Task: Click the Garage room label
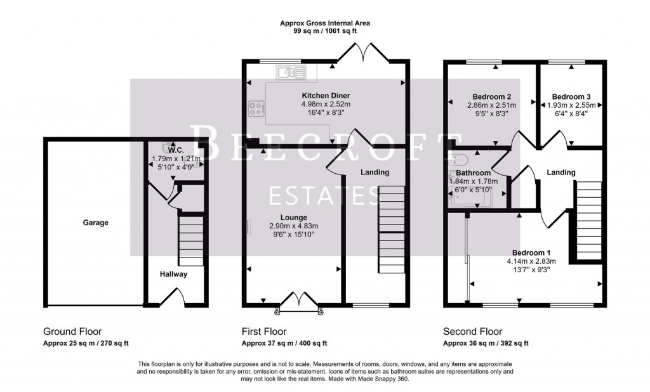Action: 95,223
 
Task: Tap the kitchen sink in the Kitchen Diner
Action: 290,73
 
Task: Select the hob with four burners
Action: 257,109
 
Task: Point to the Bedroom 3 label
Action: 567,96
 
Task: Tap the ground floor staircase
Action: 190,240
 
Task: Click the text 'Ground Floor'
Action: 72,332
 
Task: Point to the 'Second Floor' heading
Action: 472,332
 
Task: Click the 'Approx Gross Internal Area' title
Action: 325,23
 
